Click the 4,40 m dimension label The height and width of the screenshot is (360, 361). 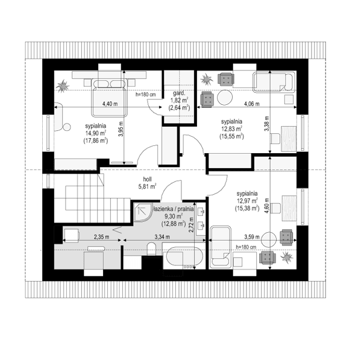click(x=109, y=104)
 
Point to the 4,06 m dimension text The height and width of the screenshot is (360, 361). click(x=252, y=104)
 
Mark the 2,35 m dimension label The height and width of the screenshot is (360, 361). click(x=101, y=237)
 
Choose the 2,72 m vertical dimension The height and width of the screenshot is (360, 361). click(x=191, y=225)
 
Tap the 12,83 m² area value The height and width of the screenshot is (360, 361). click(x=231, y=128)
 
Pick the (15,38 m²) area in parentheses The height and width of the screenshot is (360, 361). click(x=246, y=207)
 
